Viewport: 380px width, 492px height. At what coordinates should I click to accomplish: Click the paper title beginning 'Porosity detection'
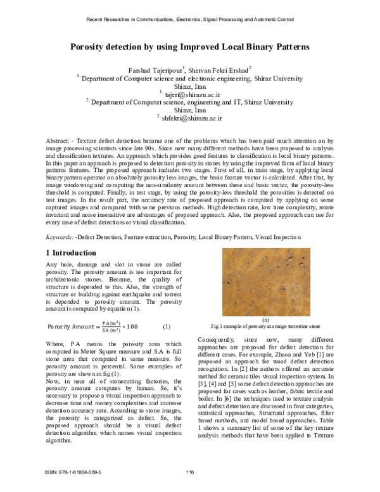pos(189,48)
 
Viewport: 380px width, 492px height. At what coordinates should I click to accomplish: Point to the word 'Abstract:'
pos(61,138)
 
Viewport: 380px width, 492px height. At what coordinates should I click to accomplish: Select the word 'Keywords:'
pos(60,237)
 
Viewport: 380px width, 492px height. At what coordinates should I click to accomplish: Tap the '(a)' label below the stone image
pos(265,320)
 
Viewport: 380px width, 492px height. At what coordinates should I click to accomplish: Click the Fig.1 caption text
pos(265,327)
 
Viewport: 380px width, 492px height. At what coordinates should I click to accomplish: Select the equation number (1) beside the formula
pos(167,327)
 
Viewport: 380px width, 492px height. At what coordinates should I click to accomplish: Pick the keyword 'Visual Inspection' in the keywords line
pos(278,237)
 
